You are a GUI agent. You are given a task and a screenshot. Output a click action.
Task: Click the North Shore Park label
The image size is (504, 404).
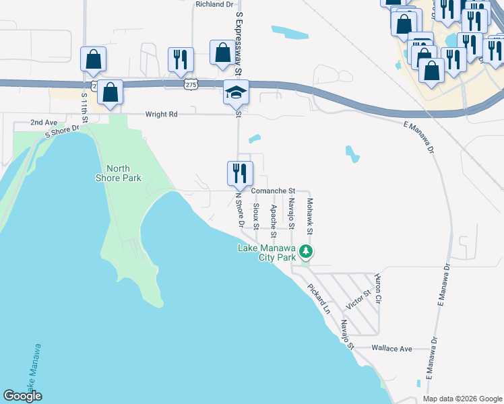[123, 173]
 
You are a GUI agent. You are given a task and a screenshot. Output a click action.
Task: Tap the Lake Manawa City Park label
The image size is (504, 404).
[267, 252]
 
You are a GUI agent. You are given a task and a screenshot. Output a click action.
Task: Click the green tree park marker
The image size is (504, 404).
[307, 252]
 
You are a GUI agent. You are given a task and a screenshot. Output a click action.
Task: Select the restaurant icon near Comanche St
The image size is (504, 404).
[240, 173]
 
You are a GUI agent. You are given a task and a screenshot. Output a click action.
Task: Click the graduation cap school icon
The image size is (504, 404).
[236, 92]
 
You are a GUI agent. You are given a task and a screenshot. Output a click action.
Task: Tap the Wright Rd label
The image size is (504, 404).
[162, 114]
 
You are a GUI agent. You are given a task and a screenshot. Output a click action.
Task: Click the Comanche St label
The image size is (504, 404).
[274, 191]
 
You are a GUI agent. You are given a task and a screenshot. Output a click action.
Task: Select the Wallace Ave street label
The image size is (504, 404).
[391, 349]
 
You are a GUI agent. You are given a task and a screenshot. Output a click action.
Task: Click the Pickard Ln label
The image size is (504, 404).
[319, 300]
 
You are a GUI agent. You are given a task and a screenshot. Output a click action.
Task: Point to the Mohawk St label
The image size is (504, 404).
[310, 216]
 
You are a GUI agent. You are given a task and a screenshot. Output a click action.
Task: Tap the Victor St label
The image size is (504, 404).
[358, 300]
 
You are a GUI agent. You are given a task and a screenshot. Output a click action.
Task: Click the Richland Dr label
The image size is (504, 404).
[214, 4]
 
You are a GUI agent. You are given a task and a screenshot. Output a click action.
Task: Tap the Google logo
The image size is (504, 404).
[22, 396]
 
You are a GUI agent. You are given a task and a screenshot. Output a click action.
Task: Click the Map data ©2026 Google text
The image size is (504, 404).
[462, 399]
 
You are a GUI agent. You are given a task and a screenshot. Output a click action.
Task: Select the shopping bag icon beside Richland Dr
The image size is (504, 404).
[222, 53]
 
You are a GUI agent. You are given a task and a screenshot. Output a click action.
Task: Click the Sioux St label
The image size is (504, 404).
[256, 216]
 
